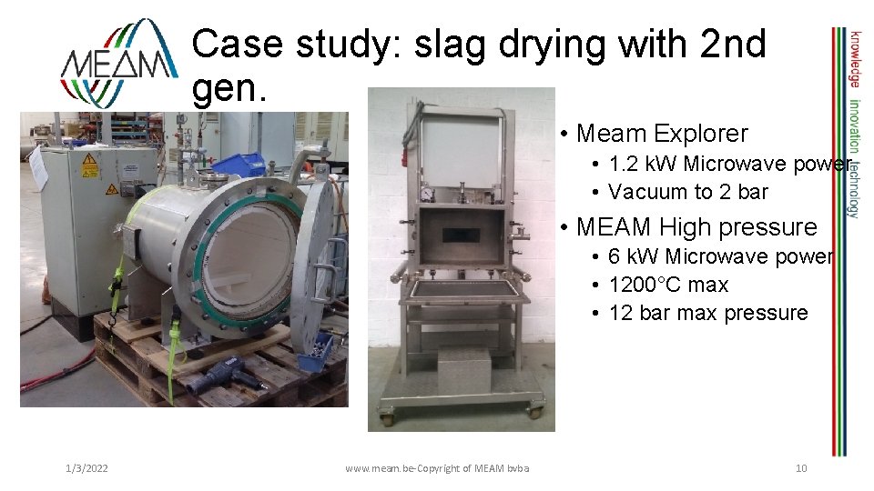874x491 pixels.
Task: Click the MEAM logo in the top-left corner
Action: point(119,62)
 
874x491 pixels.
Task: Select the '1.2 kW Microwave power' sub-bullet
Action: point(729,164)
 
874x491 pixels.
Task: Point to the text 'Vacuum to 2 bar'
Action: point(688,192)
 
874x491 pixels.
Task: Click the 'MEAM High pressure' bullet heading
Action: point(697,226)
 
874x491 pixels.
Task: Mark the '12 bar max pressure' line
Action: point(708,313)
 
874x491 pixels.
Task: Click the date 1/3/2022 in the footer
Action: point(87,468)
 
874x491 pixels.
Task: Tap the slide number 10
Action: point(801,468)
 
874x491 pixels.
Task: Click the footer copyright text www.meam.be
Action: point(437,468)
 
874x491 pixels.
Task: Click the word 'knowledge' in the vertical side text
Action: point(855,56)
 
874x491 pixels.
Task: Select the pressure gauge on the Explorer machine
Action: point(427,194)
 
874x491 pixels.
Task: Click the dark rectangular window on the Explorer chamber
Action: point(460,234)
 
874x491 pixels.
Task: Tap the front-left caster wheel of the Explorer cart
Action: point(388,419)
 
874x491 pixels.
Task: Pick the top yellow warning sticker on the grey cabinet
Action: point(89,165)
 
